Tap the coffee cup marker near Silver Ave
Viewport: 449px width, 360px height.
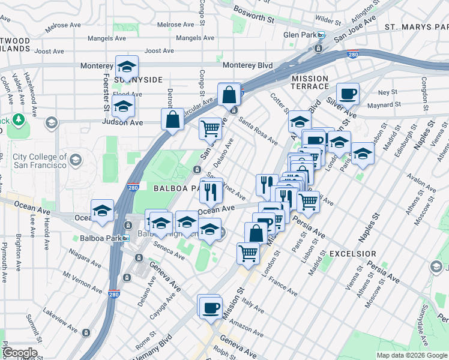tap(348, 94)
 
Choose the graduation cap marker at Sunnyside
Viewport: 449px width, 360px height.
tap(127, 67)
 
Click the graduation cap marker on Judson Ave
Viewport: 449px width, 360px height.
tap(123, 106)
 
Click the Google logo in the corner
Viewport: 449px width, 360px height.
tap(20, 353)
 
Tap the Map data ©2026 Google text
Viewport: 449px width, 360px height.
tap(411, 355)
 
